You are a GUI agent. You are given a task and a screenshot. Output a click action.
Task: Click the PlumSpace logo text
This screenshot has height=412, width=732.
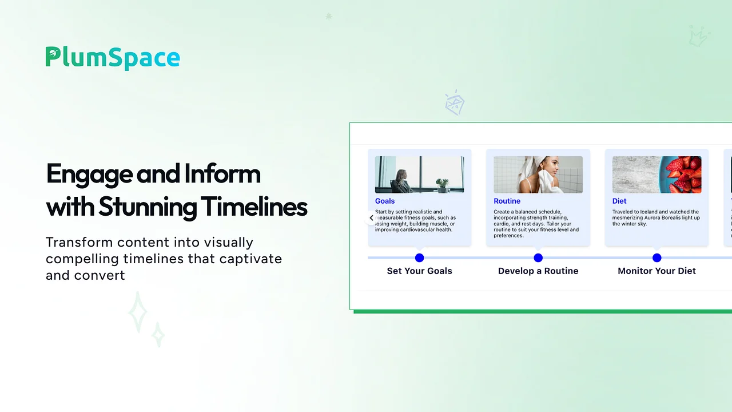click(x=113, y=58)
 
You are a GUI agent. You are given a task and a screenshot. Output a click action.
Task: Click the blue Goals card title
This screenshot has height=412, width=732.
click(x=385, y=201)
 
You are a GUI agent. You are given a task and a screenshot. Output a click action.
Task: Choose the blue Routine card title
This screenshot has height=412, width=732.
click(x=507, y=201)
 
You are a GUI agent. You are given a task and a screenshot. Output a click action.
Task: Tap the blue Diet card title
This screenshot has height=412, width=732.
click(x=619, y=201)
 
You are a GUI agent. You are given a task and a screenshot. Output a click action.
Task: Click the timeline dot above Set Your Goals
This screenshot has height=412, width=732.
click(x=419, y=258)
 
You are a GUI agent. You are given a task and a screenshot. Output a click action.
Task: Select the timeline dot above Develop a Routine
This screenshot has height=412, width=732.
click(x=538, y=258)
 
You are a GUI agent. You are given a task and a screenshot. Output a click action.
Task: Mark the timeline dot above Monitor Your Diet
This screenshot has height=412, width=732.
click(x=657, y=258)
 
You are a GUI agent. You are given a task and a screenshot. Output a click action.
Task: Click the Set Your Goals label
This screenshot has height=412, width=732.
click(x=419, y=271)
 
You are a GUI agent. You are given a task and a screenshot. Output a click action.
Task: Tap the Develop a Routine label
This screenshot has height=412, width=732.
click(x=538, y=271)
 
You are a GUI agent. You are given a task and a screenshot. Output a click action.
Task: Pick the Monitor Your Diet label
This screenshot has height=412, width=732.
click(x=657, y=271)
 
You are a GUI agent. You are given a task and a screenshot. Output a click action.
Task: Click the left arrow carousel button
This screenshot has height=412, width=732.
click(x=372, y=218)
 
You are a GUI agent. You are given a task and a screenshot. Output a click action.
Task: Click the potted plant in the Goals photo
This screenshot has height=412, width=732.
click(x=442, y=184)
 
